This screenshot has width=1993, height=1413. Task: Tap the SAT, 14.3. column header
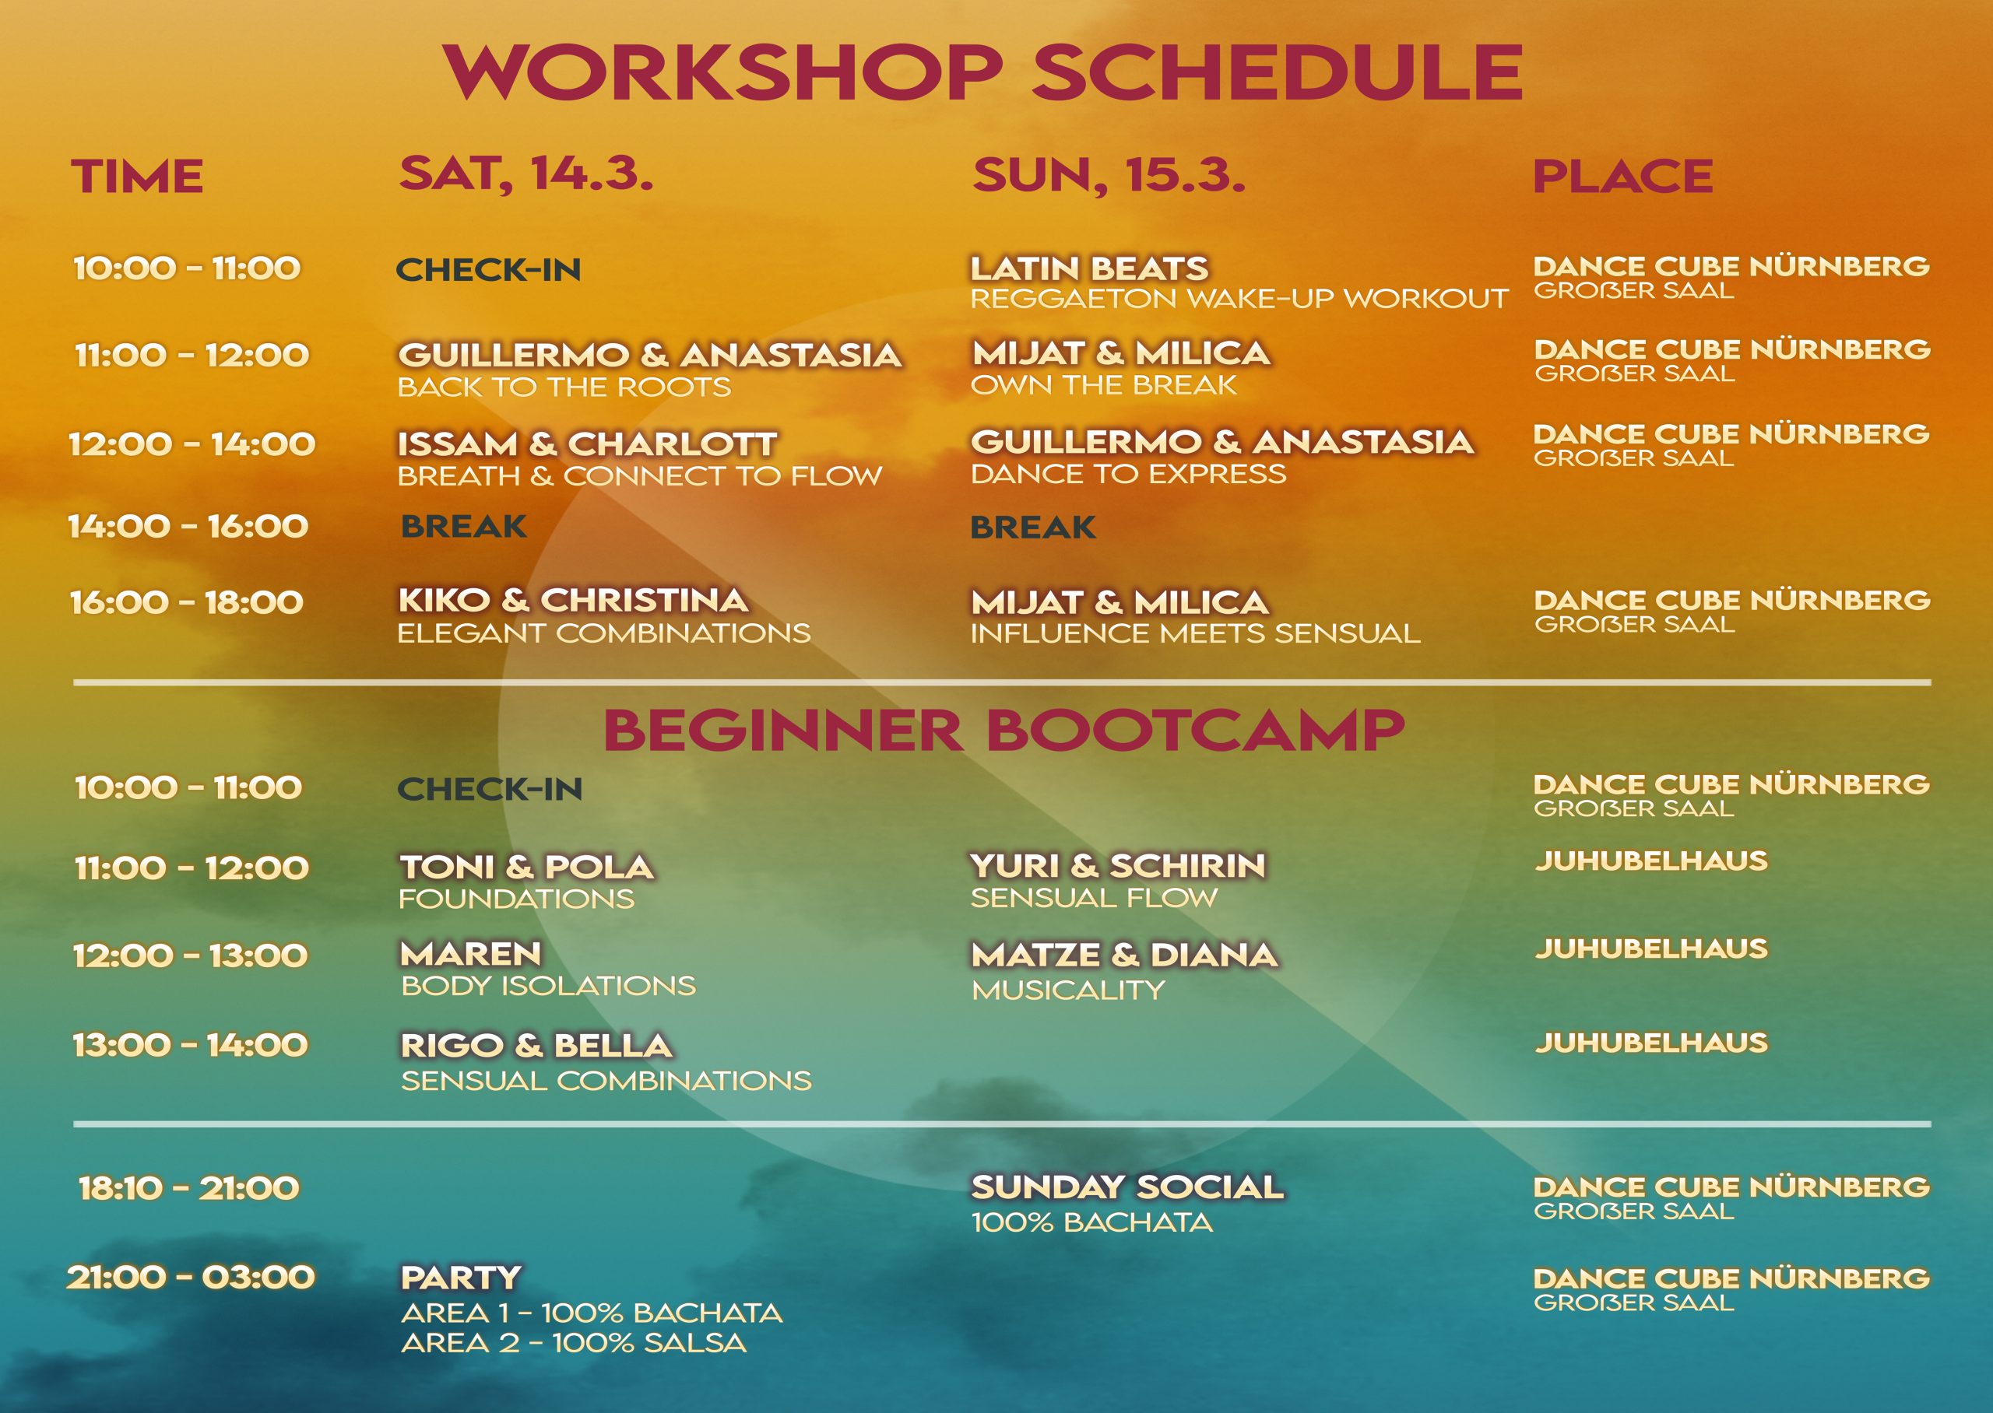pos(525,174)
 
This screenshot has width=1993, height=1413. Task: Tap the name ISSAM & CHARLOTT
pos(588,444)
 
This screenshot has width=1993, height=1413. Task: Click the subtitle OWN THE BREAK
pos(1104,384)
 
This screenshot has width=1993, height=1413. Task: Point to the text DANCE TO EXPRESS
pos(1128,473)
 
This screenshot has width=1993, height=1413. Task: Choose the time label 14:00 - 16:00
pos(188,527)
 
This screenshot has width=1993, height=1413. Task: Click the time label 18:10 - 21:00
pos(189,1187)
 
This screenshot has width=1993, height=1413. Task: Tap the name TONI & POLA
pos(526,867)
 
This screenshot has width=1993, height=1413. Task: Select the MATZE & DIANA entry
pos(1124,955)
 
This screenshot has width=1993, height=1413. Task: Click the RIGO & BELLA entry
pos(536,1045)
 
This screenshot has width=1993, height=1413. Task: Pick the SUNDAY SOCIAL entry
pos(1127,1187)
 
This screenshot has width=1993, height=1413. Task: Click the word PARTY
pos(460,1278)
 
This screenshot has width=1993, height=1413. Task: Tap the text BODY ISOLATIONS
pos(548,985)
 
